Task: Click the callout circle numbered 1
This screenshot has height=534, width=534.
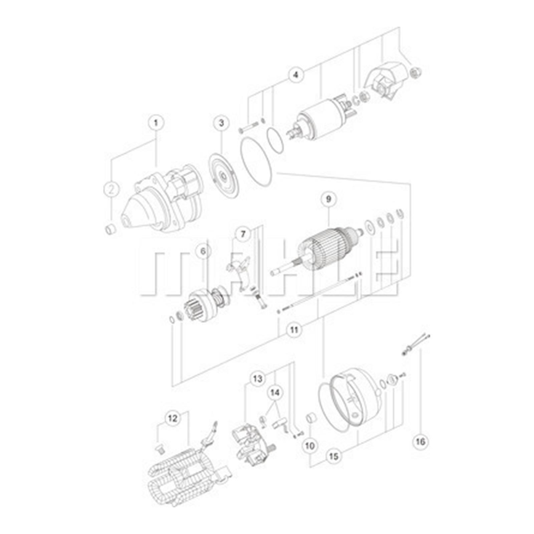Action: click(156, 122)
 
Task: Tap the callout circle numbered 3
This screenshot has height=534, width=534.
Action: click(221, 122)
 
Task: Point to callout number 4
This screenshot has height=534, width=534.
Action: click(296, 74)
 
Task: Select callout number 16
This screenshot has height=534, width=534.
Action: click(421, 442)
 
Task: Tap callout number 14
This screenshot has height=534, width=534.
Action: click(274, 393)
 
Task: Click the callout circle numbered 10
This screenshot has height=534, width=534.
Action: click(310, 446)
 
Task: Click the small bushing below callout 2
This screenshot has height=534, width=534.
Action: click(110, 229)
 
